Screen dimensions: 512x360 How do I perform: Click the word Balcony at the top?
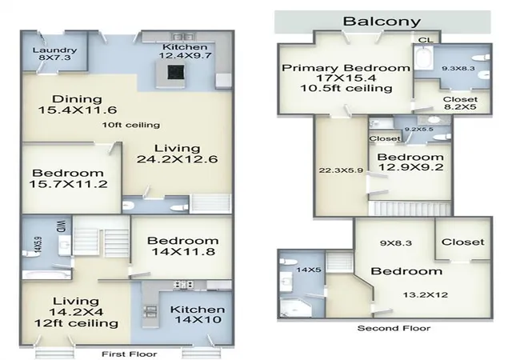382,22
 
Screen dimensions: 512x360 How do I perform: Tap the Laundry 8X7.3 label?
54,54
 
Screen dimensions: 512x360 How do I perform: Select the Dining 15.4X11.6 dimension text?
78,105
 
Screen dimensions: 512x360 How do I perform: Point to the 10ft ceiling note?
131,125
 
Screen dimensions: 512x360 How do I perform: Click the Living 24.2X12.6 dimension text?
177,154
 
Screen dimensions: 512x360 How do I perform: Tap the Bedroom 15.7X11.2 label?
68,178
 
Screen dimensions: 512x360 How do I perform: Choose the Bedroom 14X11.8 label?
183,246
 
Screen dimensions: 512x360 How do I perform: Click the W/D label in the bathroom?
62,226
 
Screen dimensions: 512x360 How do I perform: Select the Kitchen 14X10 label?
198,314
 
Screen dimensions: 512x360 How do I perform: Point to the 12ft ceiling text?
76,323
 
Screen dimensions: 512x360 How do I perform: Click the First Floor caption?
130,354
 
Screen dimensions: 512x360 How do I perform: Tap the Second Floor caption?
394,328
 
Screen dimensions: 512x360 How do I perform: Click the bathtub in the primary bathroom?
423,58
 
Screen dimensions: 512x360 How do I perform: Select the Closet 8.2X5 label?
460,103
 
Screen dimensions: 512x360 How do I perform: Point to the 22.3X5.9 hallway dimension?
341,170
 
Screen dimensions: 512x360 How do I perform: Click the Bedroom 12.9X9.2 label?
410,162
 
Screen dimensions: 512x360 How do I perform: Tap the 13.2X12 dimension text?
425,295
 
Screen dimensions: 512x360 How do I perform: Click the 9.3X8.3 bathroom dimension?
458,69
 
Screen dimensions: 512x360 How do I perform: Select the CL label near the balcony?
426,40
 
